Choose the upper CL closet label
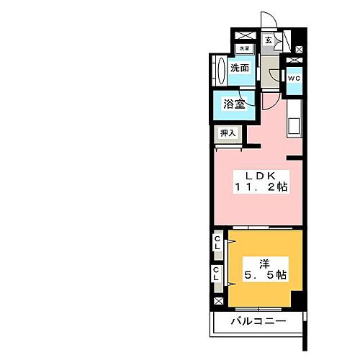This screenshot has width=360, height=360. click(217, 244)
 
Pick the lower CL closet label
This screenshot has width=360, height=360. click(217, 273)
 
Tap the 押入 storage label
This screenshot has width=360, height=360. click(228, 133)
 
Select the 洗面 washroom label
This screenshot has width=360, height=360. click(240, 68)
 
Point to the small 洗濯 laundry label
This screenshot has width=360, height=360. click(244, 49)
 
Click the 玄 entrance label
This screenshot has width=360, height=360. click(268, 40)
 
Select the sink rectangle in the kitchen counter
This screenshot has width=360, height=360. click(294, 125)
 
